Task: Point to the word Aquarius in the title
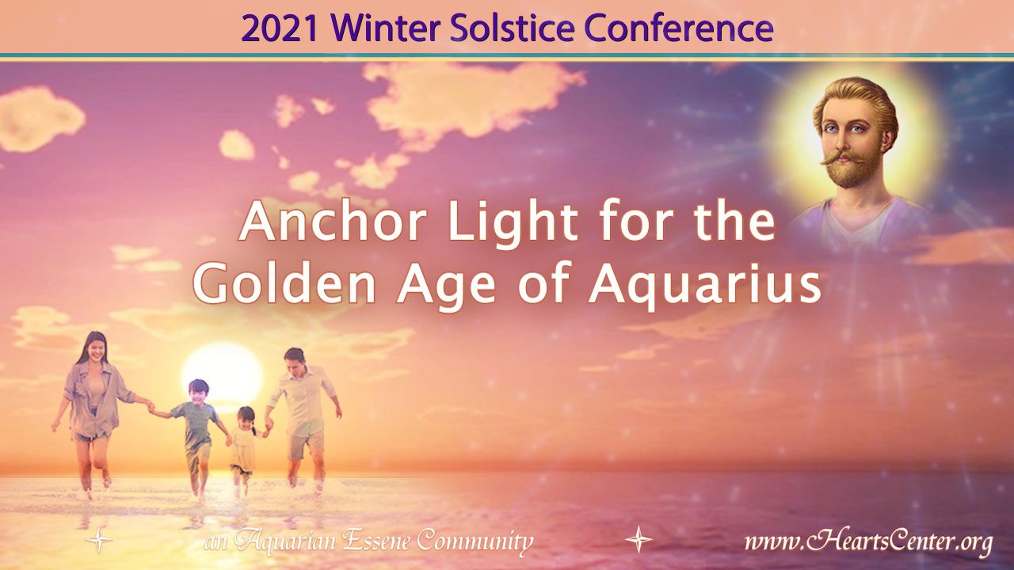pyautogui.click(x=705, y=285)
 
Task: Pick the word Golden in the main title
pyautogui.click(x=285, y=285)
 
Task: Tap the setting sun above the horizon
pyautogui.click(x=223, y=372)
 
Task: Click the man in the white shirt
pyautogui.click(x=300, y=416)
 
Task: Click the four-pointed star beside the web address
pyautogui.click(x=639, y=539)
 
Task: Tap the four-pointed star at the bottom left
pyautogui.click(x=99, y=539)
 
